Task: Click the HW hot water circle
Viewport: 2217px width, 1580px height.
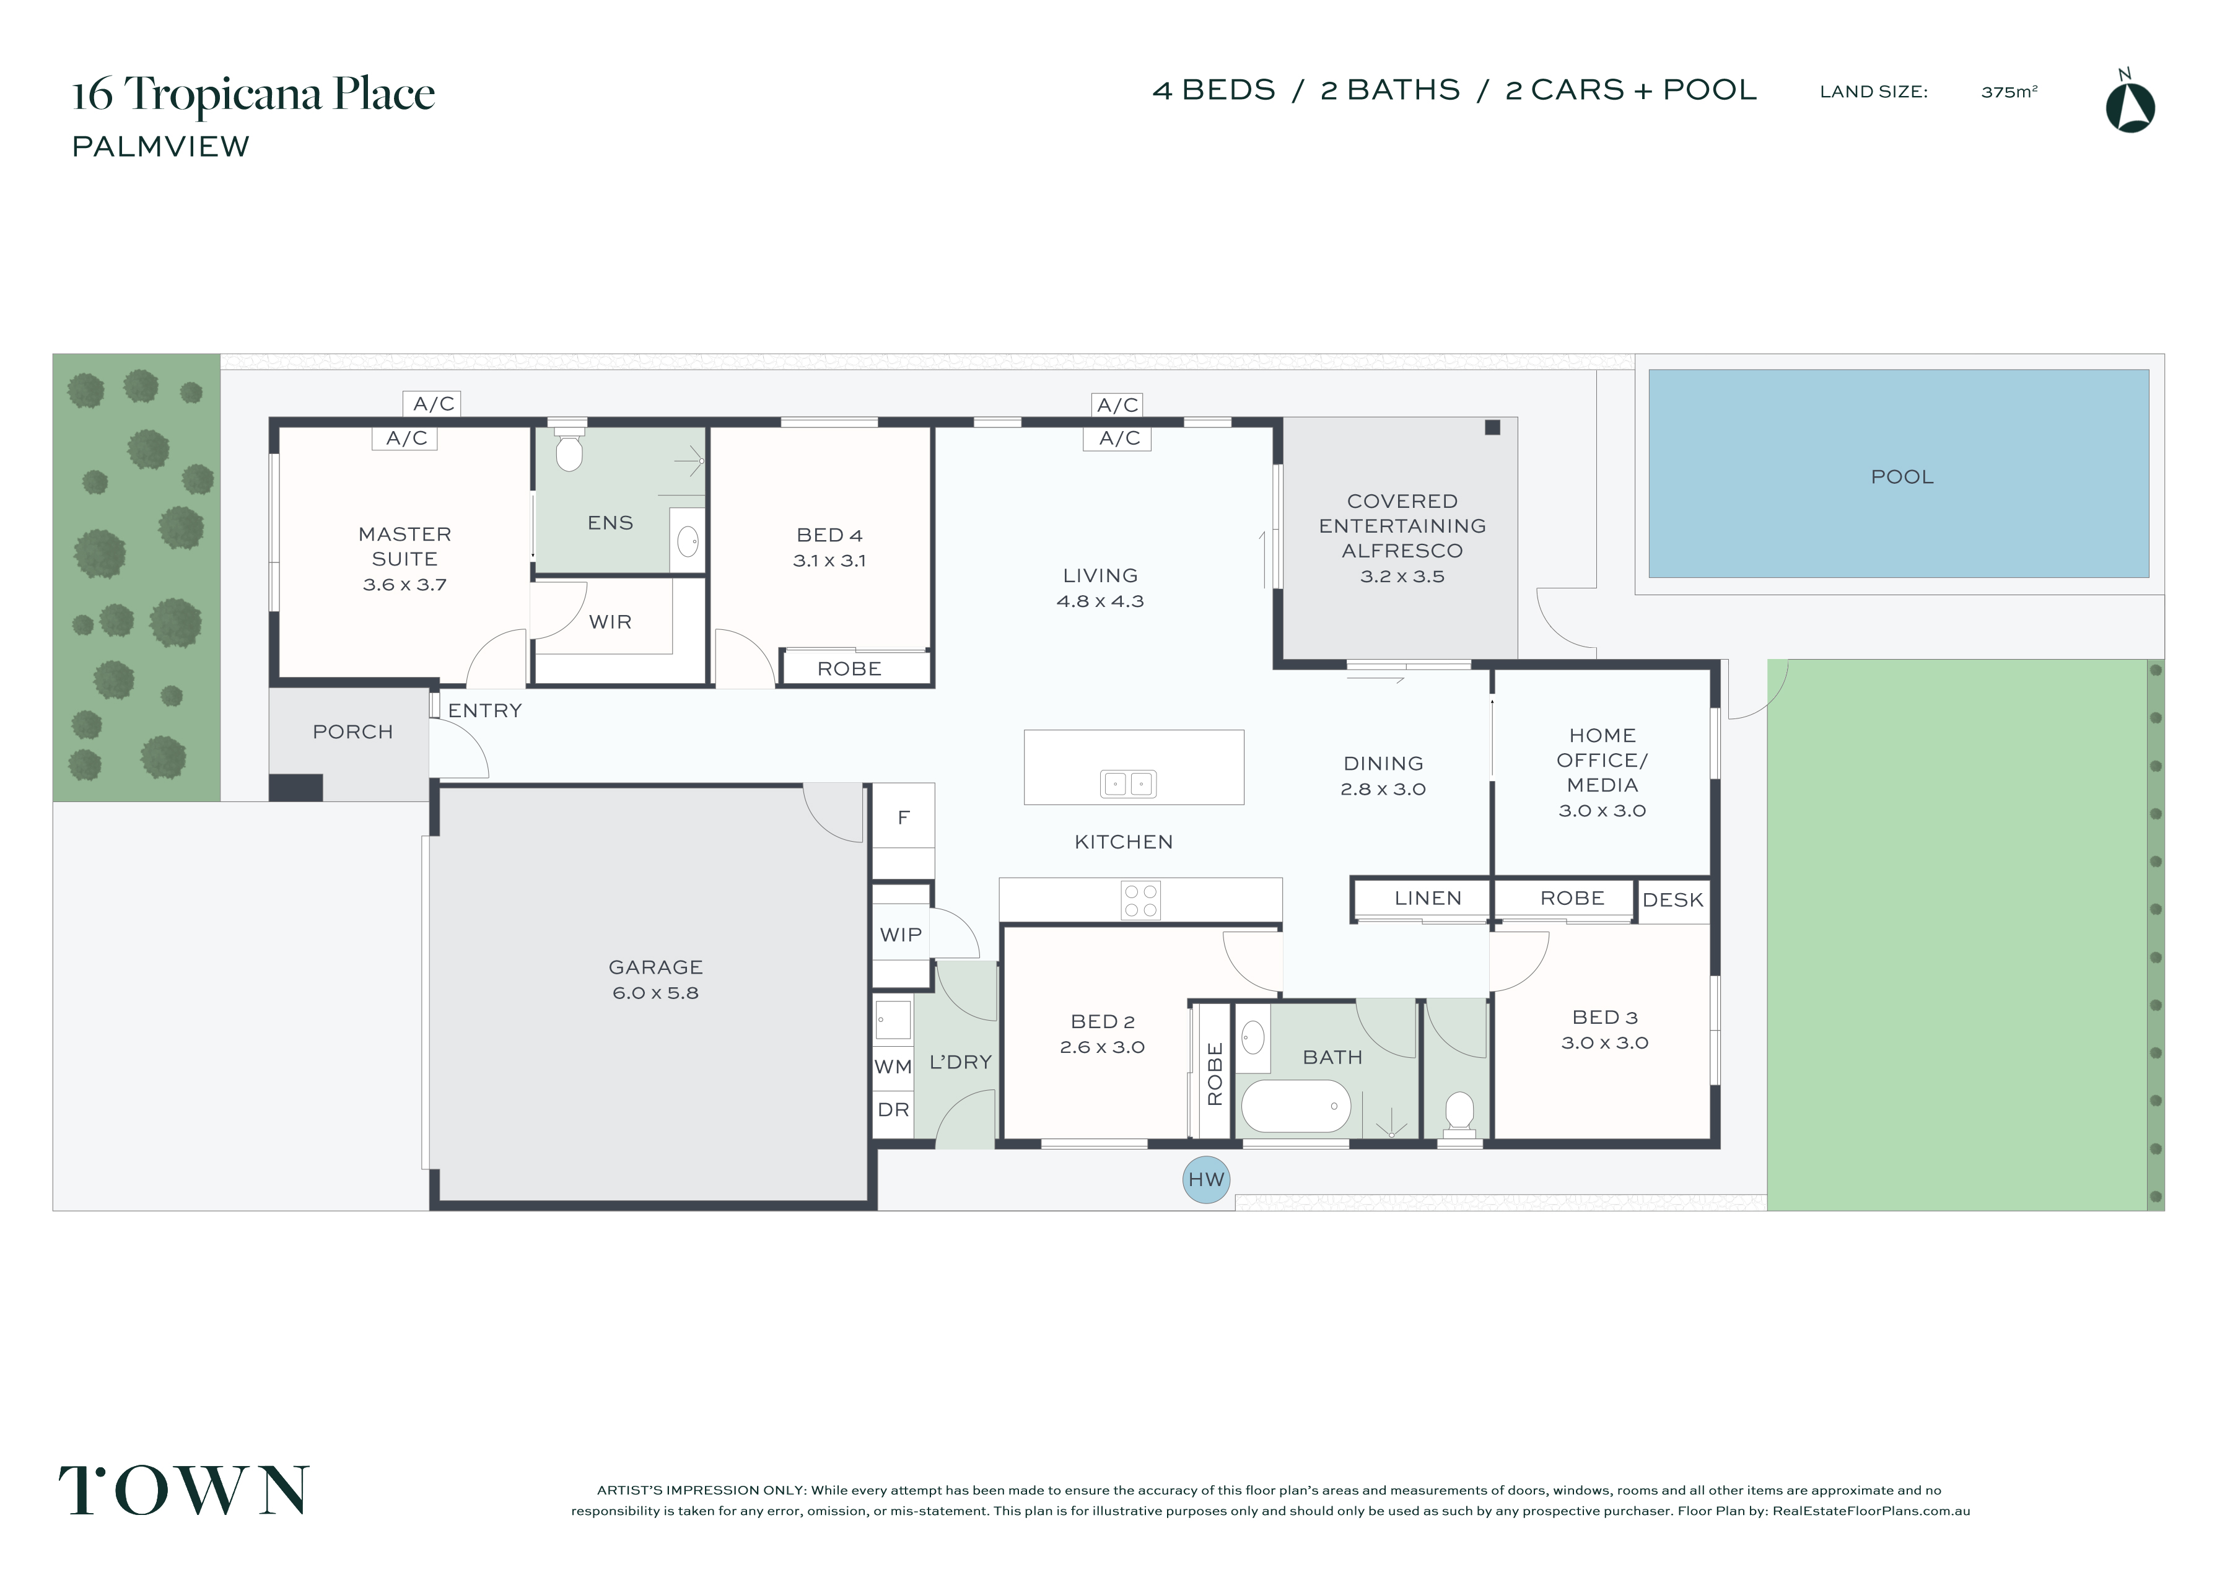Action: click(x=1205, y=1180)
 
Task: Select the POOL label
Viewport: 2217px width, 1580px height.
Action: click(x=1902, y=477)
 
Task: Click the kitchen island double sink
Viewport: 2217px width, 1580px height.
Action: click(x=1129, y=783)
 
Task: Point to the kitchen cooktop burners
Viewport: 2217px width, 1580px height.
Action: click(x=1140, y=900)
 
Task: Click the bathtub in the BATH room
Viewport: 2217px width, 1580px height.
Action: click(x=1297, y=1106)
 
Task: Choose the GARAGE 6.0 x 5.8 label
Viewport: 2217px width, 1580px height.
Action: click(x=655, y=980)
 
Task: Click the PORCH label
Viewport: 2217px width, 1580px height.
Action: click(x=352, y=731)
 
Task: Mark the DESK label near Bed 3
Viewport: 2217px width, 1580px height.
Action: click(x=1673, y=900)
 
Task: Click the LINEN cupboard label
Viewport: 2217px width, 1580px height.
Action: click(x=1427, y=898)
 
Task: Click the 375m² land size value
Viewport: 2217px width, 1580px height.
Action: click(x=2009, y=92)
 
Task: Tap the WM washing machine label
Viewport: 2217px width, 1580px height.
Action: click(x=892, y=1067)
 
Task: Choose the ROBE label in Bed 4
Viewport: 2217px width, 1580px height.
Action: click(x=849, y=668)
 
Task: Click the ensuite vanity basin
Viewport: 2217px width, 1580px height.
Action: click(x=688, y=541)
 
